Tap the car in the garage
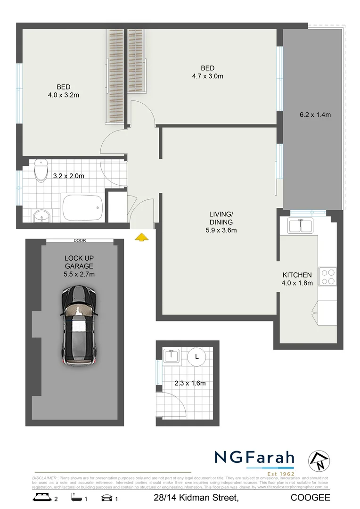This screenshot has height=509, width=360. [79, 325]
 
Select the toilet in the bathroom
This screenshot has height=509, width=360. [41, 171]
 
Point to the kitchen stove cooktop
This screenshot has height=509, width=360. [327, 276]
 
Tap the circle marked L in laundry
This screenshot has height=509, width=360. [197, 356]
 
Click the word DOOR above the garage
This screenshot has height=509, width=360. [80, 240]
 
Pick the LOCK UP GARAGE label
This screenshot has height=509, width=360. [79, 263]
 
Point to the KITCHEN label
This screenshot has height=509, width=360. [297, 275]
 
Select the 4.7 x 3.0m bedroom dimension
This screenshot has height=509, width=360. [207, 76]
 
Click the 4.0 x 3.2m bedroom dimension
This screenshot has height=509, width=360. [64, 95]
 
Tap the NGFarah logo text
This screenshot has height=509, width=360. [254, 458]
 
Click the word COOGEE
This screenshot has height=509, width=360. [310, 498]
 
